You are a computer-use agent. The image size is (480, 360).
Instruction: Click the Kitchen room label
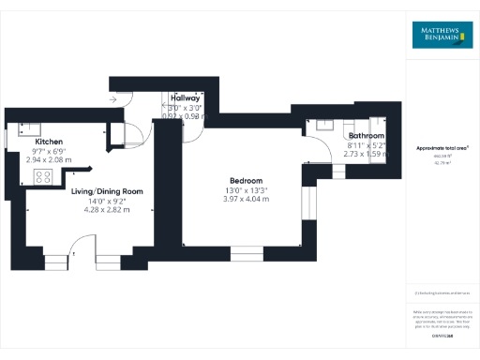pos(49,142)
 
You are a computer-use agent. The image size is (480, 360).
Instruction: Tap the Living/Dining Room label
pos(108,191)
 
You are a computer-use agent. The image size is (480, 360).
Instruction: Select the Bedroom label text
pos(246,180)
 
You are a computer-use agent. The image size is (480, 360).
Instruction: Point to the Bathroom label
pos(367,136)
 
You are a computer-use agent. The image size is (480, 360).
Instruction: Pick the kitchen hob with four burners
pos(43,175)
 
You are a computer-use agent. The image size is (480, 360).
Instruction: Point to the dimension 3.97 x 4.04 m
pos(246,198)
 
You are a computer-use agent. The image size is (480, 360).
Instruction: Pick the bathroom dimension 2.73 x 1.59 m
pos(367,153)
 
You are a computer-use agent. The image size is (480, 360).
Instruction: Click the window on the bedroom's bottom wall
pos(247,250)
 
